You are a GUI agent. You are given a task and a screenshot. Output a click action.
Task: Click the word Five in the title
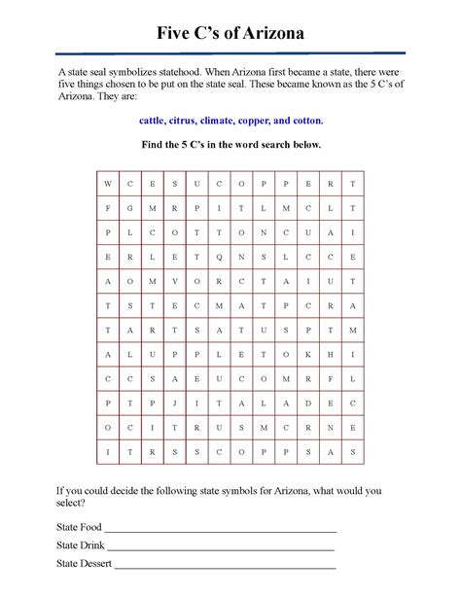(x=178, y=34)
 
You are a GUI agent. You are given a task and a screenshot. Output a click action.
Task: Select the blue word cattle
(x=154, y=121)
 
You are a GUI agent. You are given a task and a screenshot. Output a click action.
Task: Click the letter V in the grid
(x=174, y=281)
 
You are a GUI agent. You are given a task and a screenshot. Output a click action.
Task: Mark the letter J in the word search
(x=174, y=403)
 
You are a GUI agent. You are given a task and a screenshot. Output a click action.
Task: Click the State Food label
(x=79, y=527)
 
